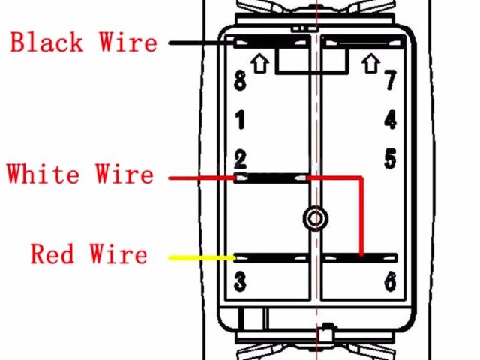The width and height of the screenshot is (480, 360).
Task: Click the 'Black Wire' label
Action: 84,42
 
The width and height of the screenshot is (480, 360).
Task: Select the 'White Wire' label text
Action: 80,175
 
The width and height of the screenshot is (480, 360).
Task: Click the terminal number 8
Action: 240,81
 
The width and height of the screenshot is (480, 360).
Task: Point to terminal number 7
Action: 390,81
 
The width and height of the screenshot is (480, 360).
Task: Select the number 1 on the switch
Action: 240,119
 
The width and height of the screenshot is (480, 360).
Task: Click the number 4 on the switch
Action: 390,119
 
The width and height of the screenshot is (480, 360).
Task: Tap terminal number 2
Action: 240,159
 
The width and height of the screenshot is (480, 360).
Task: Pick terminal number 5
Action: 390,159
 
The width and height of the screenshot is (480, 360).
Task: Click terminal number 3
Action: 240,282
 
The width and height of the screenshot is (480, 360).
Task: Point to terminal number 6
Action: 390,282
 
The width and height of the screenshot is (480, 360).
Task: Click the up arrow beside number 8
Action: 260,64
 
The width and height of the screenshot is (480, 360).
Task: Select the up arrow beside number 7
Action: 370,64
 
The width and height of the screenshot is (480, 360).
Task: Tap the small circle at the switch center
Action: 315,218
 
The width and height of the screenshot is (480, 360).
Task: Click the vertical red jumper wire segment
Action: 361,217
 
